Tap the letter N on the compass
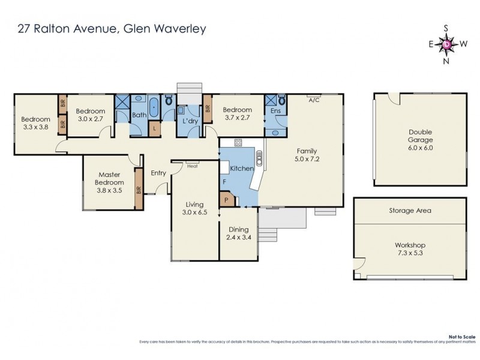pos(446,60)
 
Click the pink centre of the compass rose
pos(447,44)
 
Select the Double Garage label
pos(420,136)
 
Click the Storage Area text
pos(410,211)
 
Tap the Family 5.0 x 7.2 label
pos(305,155)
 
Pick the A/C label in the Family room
pos(313,100)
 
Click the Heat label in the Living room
pos(192,166)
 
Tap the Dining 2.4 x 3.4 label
pos(239,233)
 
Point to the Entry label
pos(158,173)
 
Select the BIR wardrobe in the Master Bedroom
pos(139,189)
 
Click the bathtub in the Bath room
pos(154,107)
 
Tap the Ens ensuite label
pos(275,112)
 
